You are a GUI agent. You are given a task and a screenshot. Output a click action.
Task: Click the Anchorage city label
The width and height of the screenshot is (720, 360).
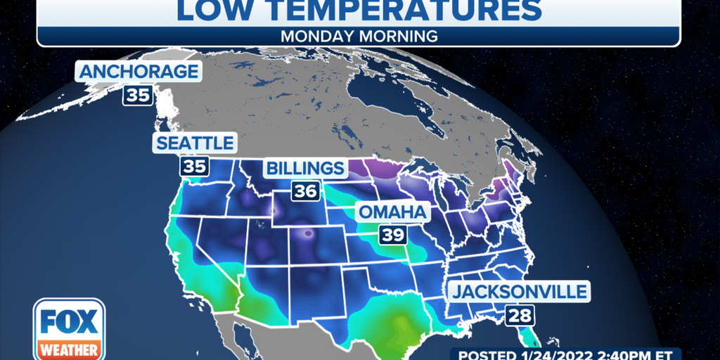coord(139,72)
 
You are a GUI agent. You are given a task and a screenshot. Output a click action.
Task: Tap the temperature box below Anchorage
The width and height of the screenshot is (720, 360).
coord(139,95)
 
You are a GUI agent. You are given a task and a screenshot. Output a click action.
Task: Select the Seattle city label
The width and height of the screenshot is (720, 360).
coord(193,143)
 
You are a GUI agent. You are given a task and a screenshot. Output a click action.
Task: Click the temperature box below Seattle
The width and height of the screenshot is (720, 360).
coord(193,167)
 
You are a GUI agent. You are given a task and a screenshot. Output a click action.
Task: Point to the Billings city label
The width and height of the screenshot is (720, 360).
coord(305,168)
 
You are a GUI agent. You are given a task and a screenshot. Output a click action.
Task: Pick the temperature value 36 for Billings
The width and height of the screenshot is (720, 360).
coord(305,191)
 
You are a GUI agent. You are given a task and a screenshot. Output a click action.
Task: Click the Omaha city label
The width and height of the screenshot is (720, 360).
coord(392,212)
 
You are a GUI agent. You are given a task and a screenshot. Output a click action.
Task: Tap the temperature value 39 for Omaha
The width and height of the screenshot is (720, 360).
coord(392,235)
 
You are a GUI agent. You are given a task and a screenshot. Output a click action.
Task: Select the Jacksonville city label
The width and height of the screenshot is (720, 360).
coord(519,291)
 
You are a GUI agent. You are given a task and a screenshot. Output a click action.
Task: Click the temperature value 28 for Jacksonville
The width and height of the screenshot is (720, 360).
coord(520,314)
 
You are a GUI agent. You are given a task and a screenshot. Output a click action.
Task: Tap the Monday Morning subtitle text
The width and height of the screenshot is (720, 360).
coord(359,35)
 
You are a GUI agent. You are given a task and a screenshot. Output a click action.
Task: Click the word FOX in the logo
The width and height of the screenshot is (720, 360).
coord(69,321)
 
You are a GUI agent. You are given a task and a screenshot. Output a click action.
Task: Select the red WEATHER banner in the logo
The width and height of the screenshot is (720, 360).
coord(69,348)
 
